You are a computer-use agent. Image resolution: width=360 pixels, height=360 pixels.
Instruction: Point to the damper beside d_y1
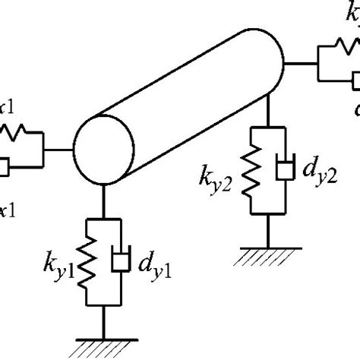tap(119, 258)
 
